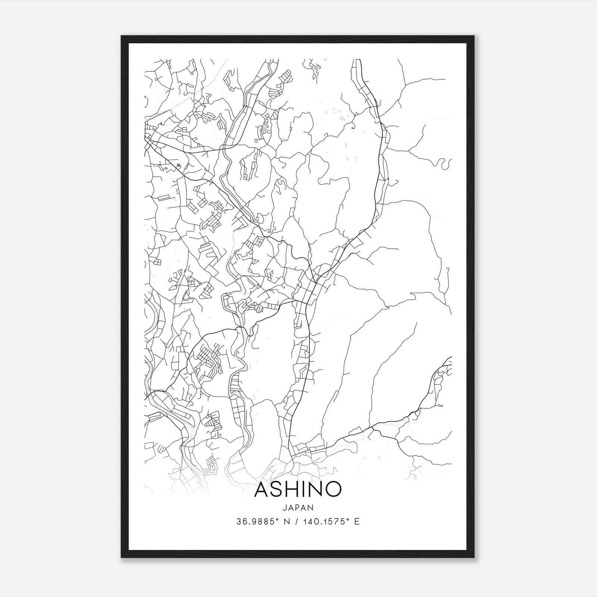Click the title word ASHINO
coord(298,489)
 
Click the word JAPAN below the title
coord(298,507)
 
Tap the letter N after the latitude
coord(287,522)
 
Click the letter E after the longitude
coord(357,522)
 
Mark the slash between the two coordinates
coord(297,522)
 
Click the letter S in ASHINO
coord(277,489)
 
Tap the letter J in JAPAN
coord(284,507)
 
